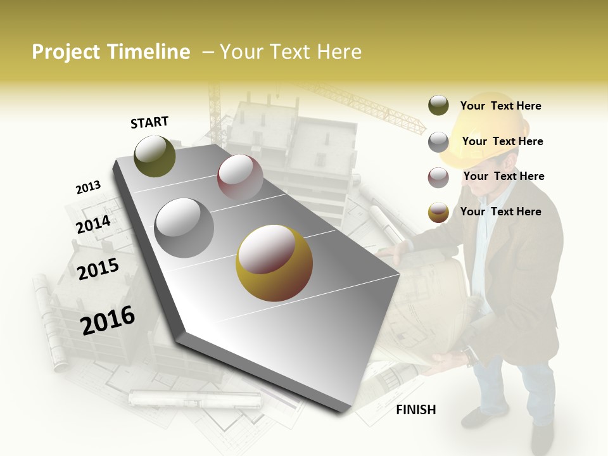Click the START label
click(149, 122)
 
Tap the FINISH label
click(415, 410)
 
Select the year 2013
click(88, 187)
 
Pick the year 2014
click(93, 224)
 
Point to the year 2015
click(98, 269)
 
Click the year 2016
click(108, 320)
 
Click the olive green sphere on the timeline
click(155, 156)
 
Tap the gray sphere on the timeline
click(184, 227)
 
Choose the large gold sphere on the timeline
click(274, 263)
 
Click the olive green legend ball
click(438, 106)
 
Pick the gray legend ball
click(438, 142)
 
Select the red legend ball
click(438, 177)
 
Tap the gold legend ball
click(438, 212)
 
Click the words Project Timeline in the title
click(111, 52)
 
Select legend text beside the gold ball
click(500, 212)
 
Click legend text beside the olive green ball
click(500, 106)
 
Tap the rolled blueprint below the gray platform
click(195, 399)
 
